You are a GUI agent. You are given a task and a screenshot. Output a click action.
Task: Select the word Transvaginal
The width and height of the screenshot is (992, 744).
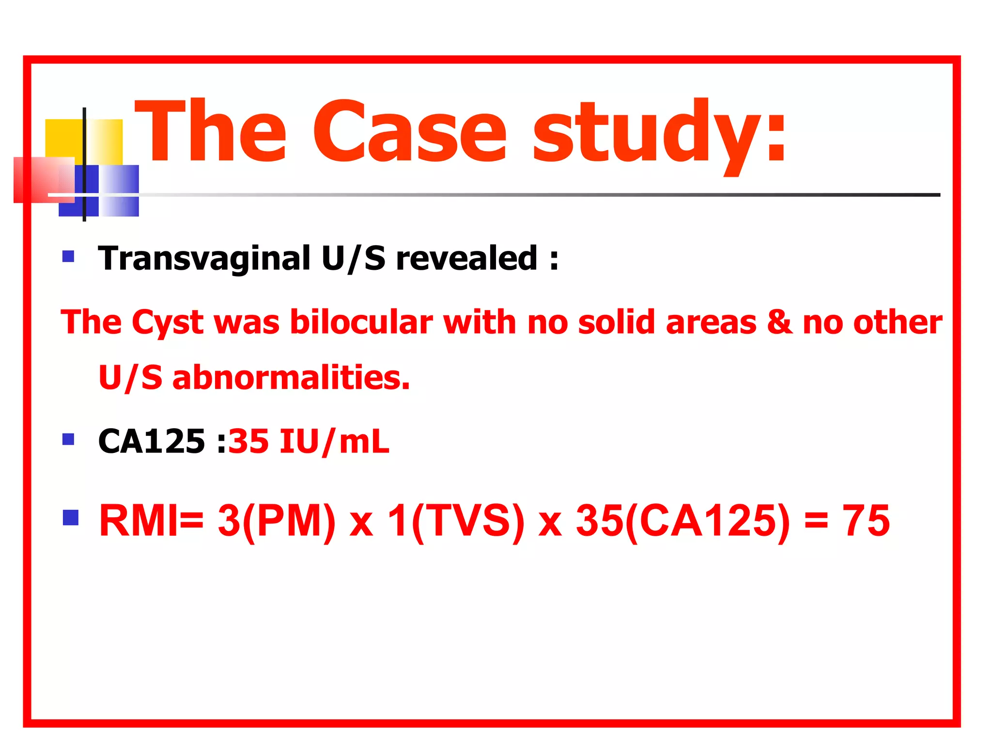[204, 258]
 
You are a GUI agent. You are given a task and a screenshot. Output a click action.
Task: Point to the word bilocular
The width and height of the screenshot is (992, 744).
[361, 322]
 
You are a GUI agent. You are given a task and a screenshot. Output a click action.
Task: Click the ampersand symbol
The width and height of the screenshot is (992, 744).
[779, 323]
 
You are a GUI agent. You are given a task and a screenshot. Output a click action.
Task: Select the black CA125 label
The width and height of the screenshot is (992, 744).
[152, 441]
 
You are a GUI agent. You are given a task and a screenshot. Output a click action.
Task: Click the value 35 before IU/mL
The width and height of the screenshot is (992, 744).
[248, 441]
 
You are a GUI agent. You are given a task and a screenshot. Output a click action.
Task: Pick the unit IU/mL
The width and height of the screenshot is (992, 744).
[334, 441]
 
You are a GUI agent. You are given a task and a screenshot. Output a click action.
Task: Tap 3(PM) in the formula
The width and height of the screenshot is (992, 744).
[277, 522]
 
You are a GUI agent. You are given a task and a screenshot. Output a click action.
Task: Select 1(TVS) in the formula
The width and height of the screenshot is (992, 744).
[456, 522]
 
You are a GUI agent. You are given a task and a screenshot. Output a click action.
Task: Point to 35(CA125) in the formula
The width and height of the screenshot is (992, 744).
[683, 522]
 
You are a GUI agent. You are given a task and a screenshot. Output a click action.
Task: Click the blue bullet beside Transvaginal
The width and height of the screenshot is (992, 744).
[68, 256]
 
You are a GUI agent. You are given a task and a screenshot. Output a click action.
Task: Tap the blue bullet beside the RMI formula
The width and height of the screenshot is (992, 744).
[71, 518]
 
